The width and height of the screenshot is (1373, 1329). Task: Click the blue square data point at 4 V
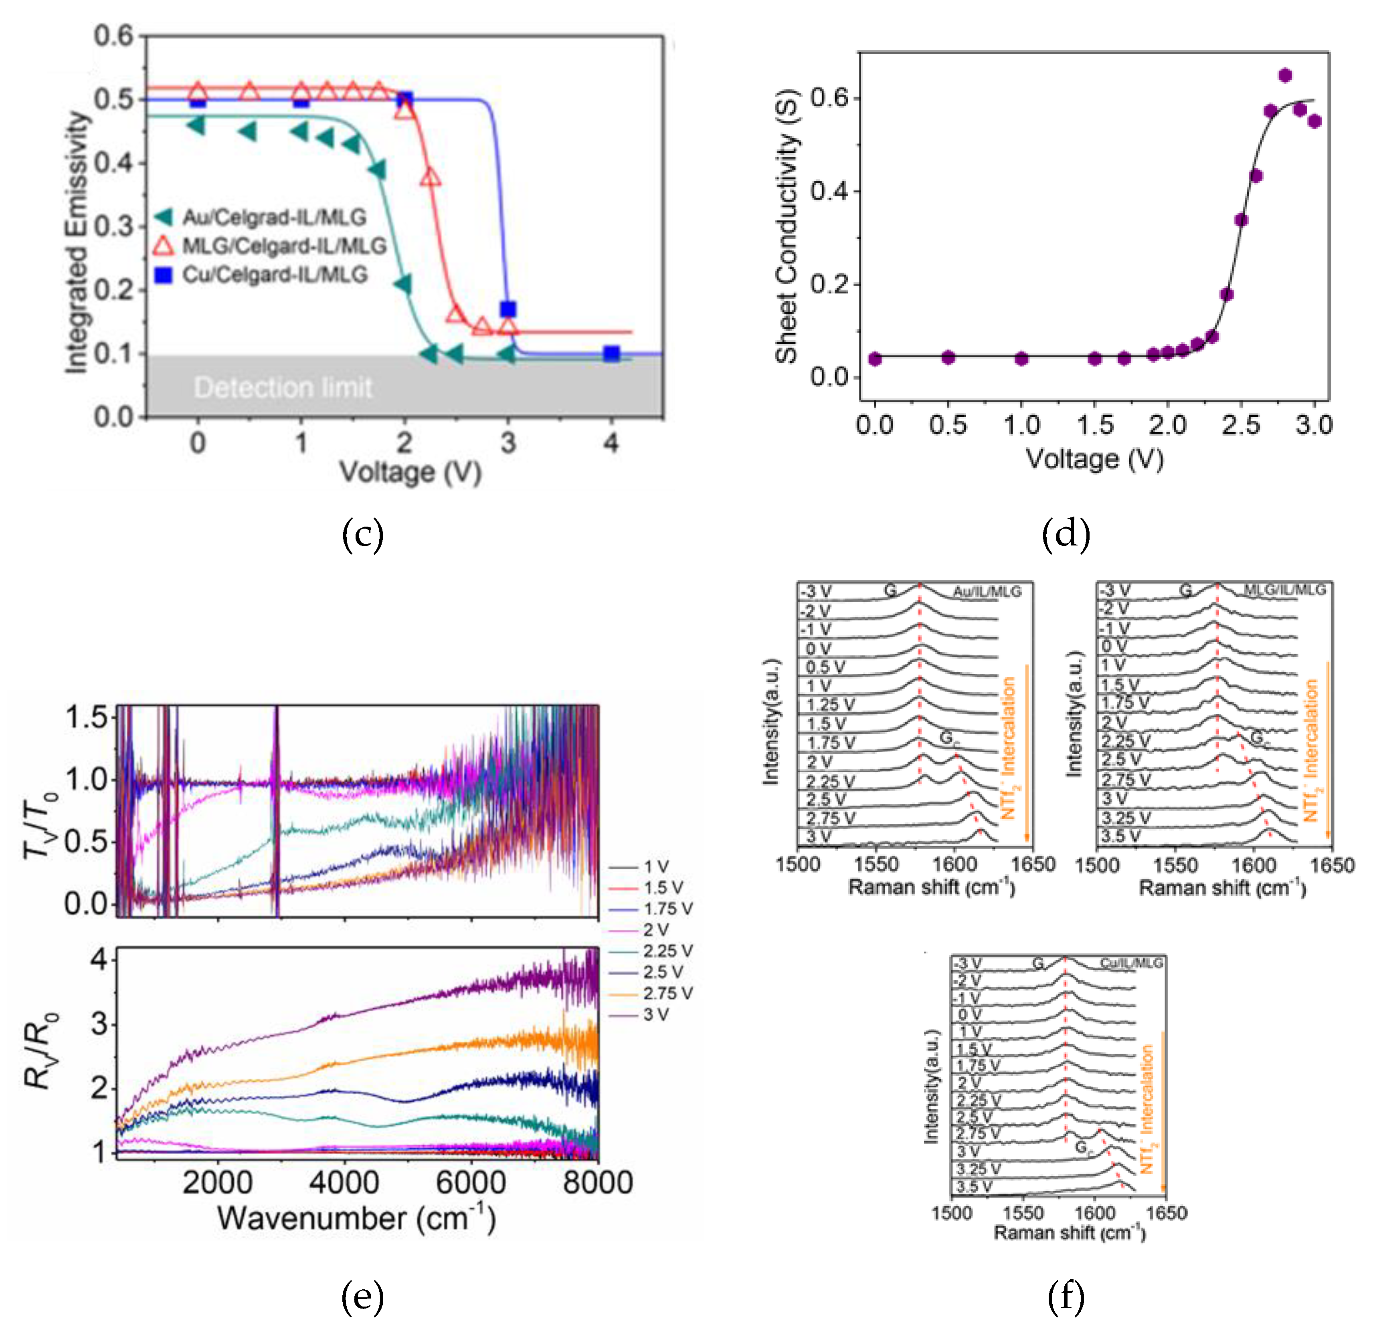coord(612,353)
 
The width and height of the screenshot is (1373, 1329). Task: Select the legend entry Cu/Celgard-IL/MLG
coord(275,275)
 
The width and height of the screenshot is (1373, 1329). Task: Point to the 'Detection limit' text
coord(283,387)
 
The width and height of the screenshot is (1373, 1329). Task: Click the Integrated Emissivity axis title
coord(77,242)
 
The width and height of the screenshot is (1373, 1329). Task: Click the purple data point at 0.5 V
coord(948,357)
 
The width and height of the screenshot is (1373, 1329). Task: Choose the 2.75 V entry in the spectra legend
coord(667,993)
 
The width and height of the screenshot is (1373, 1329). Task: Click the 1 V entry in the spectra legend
coord(656,867)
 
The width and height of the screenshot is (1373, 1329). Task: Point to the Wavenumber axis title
coord(356,1218)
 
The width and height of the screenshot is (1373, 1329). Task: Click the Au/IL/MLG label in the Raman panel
coord(986,592)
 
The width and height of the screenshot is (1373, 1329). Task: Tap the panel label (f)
coord(1066,1297)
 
